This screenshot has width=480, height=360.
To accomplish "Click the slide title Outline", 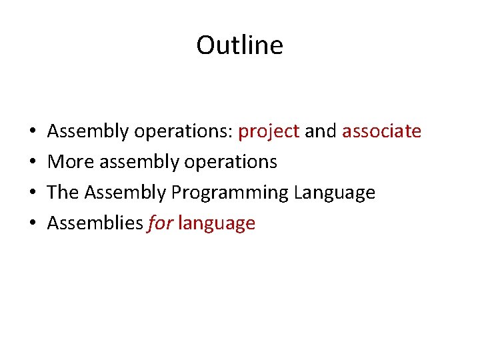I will (x=239, y=45).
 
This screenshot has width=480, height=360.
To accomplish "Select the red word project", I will (x=269, y=131).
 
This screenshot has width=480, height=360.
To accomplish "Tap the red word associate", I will (x=381, y=131).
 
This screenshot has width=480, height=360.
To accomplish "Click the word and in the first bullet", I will (x=321, y=131).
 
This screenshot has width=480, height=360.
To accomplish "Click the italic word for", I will (x=159, y=223).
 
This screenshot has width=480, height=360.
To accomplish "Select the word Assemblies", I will (x=95, y=223).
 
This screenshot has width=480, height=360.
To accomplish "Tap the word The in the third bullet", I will (x=63, y=193).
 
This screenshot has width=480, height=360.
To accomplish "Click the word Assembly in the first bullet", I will (x=87, y=131).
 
